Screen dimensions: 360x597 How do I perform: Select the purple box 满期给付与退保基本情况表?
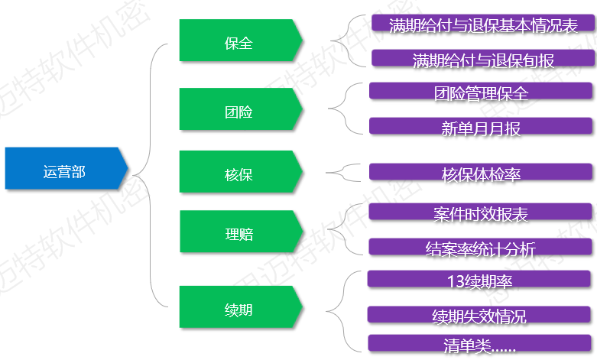[483, 24]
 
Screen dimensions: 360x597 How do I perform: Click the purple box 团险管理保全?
[481, 92]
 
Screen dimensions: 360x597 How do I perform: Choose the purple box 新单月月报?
[481, 127]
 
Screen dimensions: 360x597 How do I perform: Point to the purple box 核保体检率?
[481, 173]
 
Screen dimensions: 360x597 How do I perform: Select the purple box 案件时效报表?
[481, 212]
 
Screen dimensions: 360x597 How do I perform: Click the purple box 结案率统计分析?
[481, 247]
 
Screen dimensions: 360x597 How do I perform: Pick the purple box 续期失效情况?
[480, 315]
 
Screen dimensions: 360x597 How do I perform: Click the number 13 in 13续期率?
[456, 280]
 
